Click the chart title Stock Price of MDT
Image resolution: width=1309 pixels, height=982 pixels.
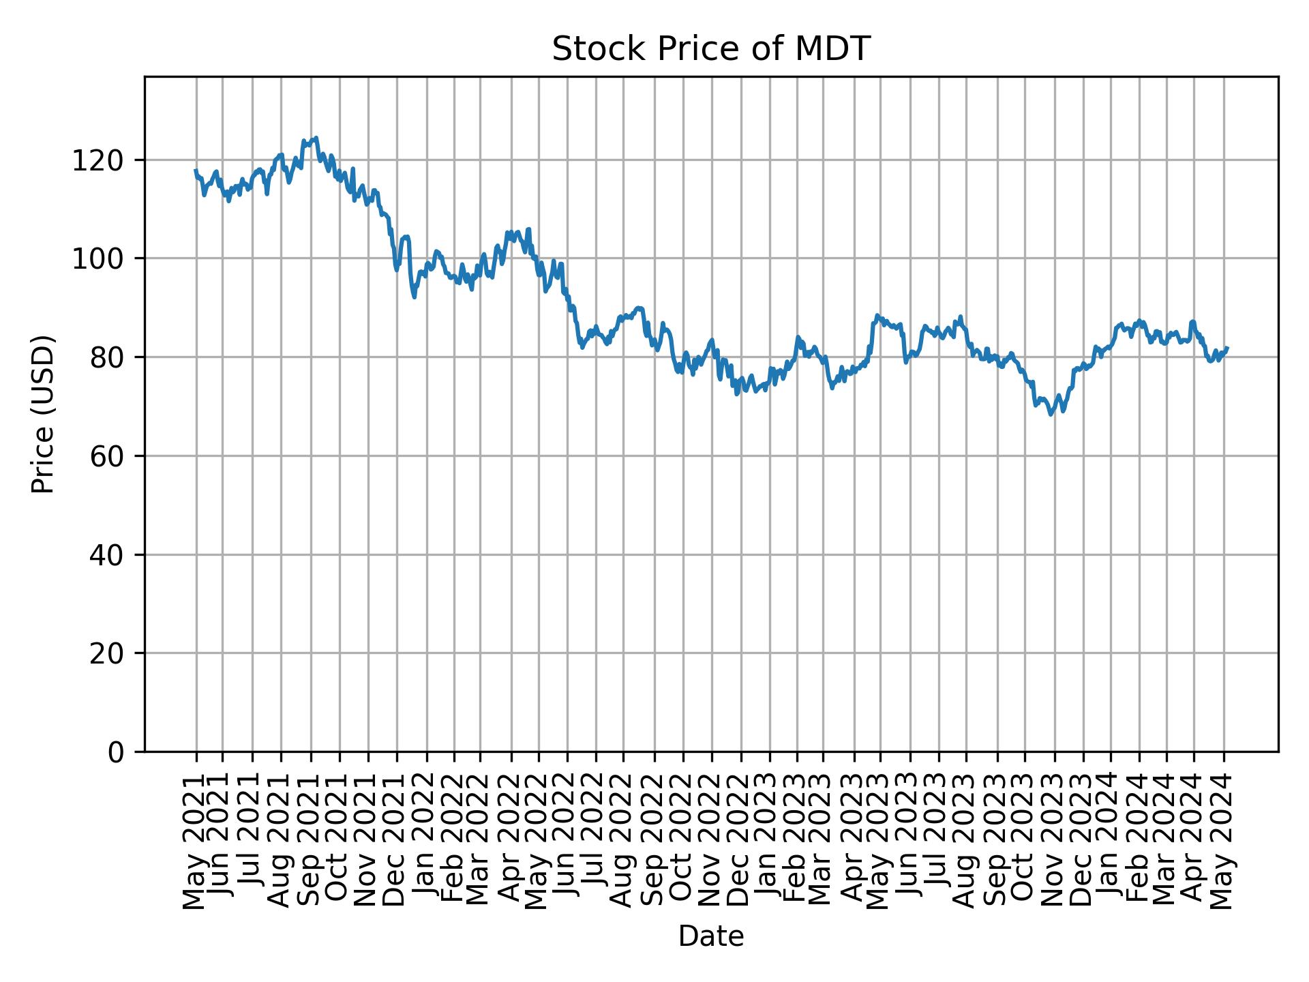pos(710,49)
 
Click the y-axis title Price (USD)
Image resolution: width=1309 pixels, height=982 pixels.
pos(43,414)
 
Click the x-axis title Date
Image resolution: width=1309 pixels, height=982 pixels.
pos(710,936)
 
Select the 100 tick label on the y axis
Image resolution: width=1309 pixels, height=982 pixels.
pos(97,259)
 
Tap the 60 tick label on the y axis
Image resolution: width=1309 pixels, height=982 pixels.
pos(106,456)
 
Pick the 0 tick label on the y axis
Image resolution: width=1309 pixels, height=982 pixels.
pos(116,752)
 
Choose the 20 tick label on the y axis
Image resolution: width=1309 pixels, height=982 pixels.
pos(106,653)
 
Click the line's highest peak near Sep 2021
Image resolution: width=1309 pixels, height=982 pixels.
pos(315,138)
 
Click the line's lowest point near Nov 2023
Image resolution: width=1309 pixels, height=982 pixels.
pos(1051,414)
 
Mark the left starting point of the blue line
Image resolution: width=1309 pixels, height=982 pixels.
pos(196,170)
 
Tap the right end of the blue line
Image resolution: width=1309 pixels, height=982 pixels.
pos(1227,348)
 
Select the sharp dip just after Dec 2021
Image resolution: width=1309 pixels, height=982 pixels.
pos(415,297)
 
